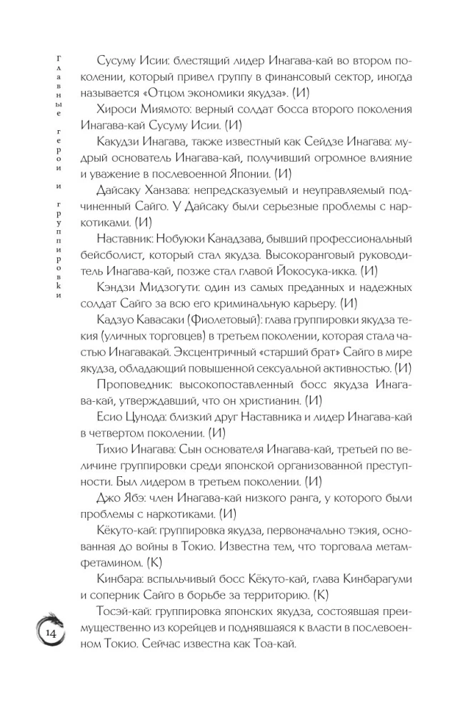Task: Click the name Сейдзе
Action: (x=309, y=142)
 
